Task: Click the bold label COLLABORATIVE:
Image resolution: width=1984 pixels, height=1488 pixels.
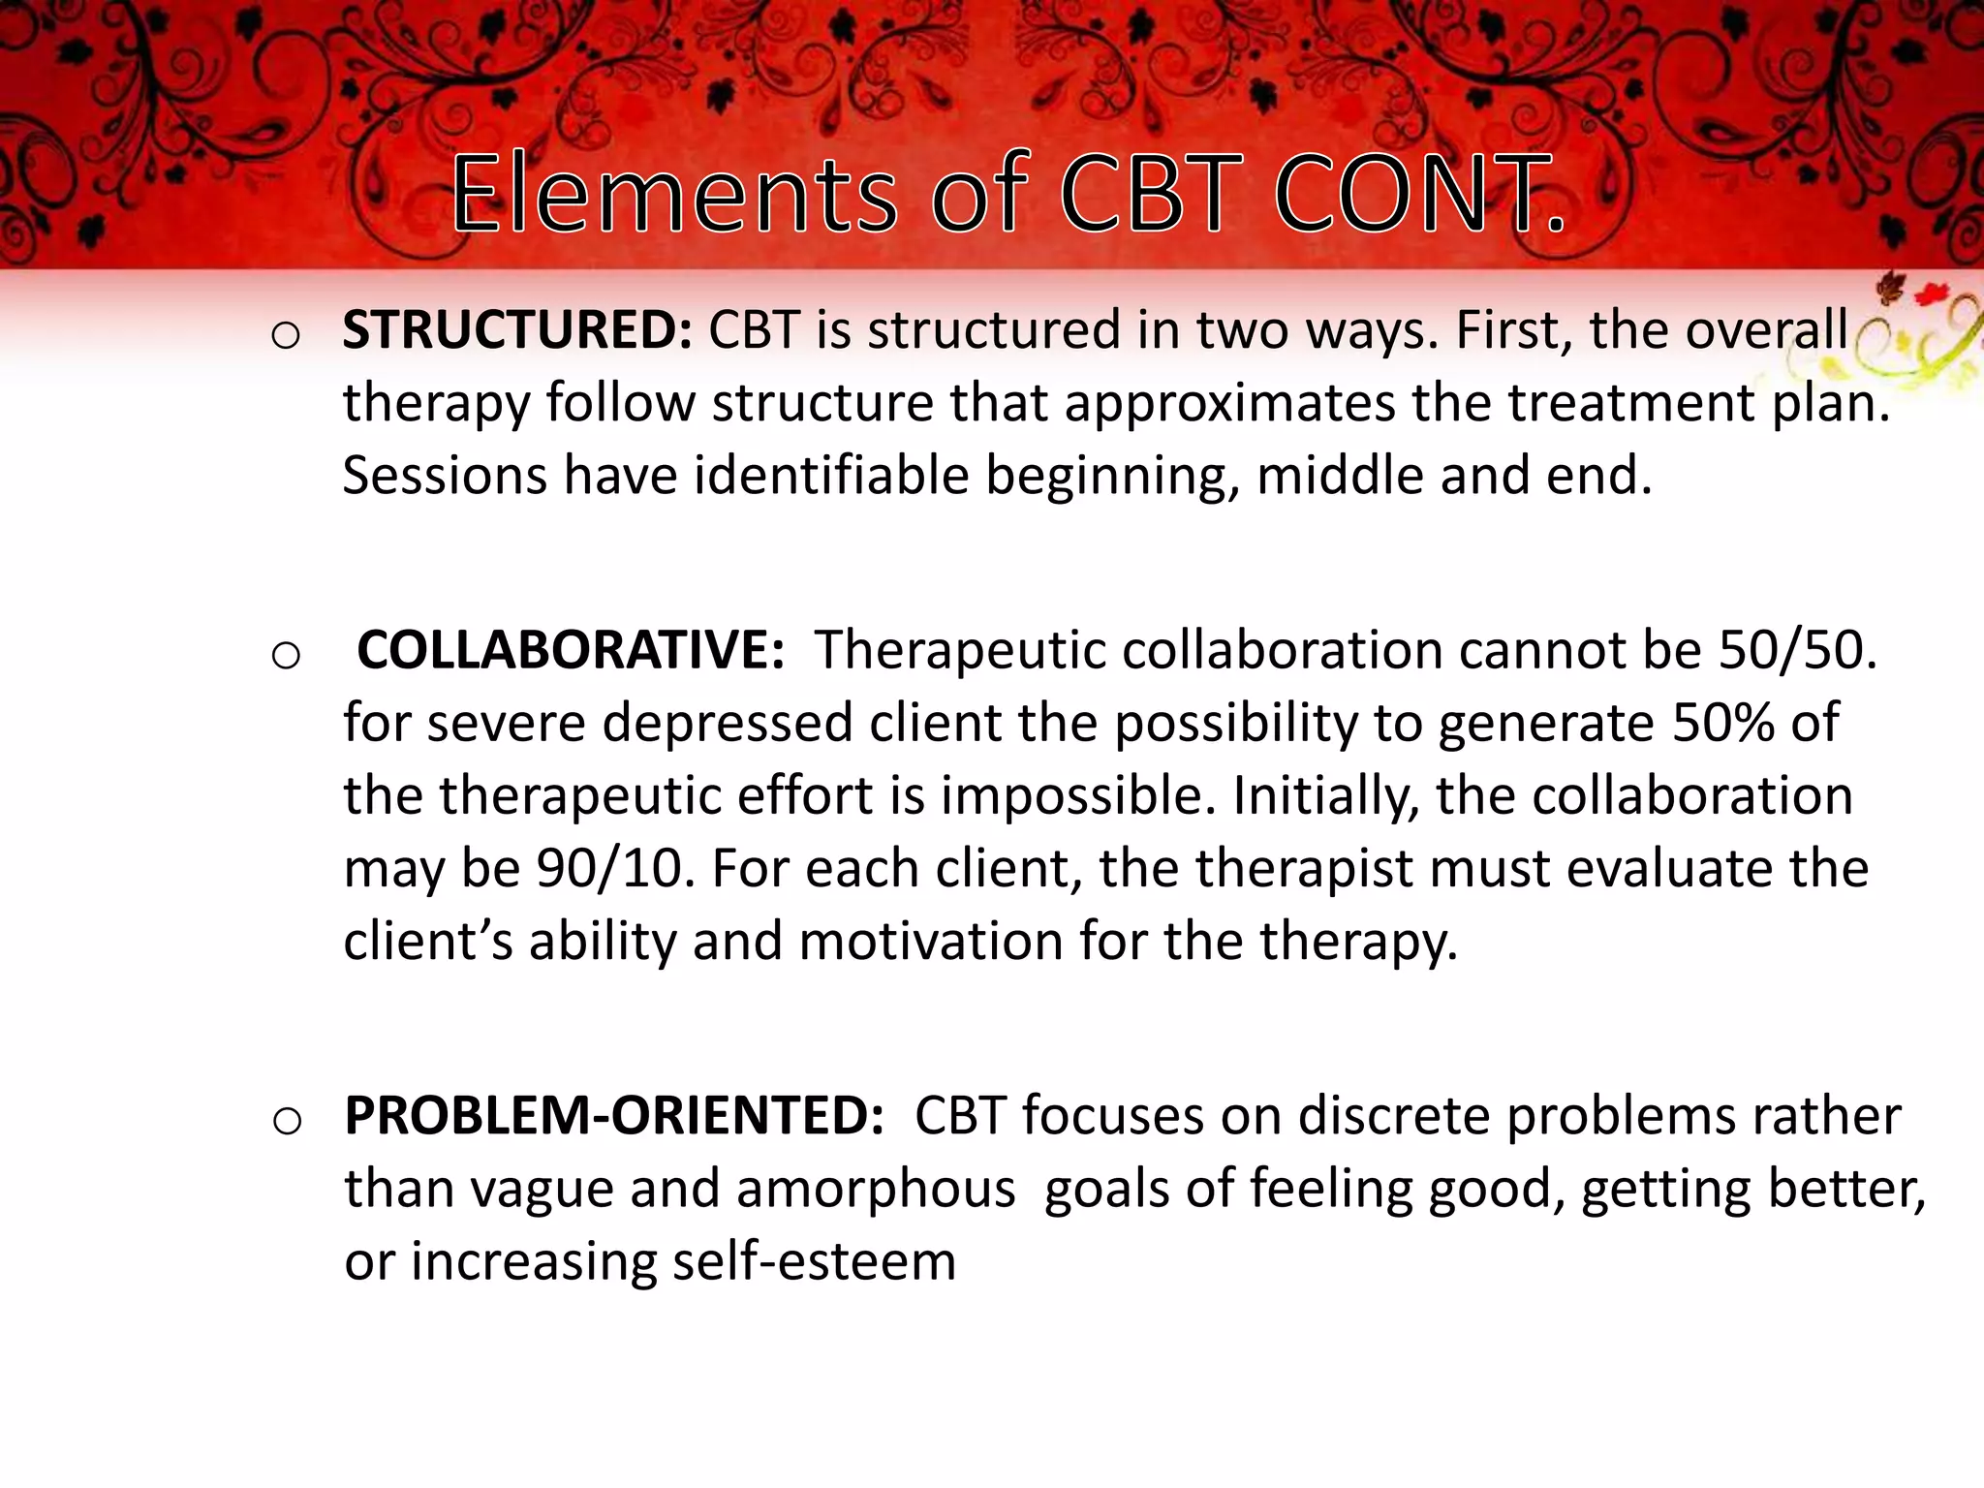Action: pyautogui.click(x=571, y=650)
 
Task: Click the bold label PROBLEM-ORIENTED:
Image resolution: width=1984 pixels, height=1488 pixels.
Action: pyautogui.click(x=614, y=1116)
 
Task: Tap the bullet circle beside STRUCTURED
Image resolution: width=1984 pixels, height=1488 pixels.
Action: pyautogui.click(x=286, y=337)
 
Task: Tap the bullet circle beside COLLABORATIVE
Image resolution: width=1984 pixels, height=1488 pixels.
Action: pyautogui.click(x=286, y=657)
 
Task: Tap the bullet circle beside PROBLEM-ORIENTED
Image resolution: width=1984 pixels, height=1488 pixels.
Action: pyautogui.click(x=287, y=1123)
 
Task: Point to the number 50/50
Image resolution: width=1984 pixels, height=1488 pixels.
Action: pyautogui.click(x=1797, y=650)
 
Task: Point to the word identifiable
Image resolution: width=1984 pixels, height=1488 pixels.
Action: pyautogui.click(x=831, y=476)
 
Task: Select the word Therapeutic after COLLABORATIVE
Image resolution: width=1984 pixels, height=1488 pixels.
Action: pyautogui.click(x=959, y=650)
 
